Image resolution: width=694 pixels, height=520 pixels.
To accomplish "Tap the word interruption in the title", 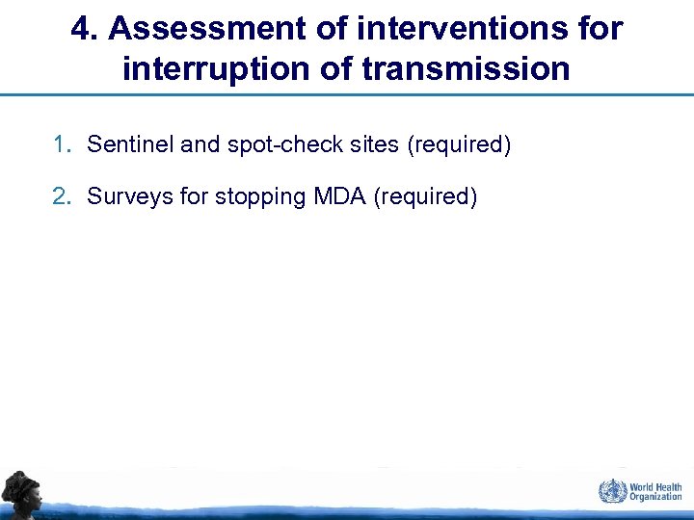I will pyautogui.click(x=201, y=69).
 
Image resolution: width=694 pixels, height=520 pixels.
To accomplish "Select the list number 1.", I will pyautogui.click(x=63, y=145).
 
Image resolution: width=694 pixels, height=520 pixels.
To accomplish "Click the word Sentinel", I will pyautogui.click(x=130, y=145).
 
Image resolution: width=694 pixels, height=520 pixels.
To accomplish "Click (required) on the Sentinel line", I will pyautogui.click(x=459, y=145).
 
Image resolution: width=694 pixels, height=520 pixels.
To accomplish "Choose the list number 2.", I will pyautogui.click(x=63, y=197).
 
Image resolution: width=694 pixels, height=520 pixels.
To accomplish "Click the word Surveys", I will pyautogui.click(x=124, y=197).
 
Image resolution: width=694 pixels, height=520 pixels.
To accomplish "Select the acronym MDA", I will pyautogui.click(x=340, y=197).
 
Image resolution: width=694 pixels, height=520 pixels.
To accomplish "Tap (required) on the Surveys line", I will pyautogui.click(x=425, y=197).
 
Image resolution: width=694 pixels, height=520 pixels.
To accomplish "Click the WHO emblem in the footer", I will pyautogui.click(x=611, y=491).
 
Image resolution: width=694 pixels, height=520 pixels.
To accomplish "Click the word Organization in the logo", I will pyautogui.click(x=655, y=497).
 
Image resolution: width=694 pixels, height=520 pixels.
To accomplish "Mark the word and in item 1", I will pyautogui.click(x=200, y=145).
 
